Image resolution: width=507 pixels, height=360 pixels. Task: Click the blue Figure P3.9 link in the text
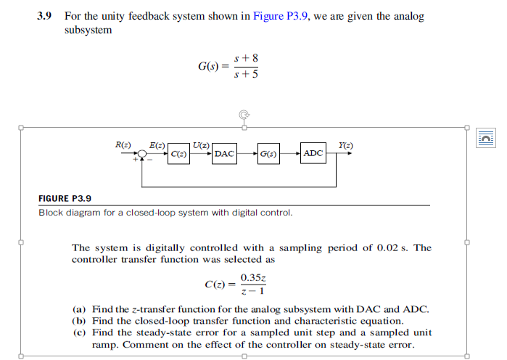281,16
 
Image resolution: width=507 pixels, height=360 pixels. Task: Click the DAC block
224,154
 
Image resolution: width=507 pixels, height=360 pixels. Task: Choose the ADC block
313,154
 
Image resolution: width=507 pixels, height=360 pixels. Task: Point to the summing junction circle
143,154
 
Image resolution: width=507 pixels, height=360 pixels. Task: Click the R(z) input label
123,145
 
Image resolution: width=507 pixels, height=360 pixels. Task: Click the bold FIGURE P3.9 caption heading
65,198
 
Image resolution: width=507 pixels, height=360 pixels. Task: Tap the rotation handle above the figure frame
244,114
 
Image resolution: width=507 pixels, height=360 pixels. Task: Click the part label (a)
80,309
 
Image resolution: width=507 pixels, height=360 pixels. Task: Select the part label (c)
80,332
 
